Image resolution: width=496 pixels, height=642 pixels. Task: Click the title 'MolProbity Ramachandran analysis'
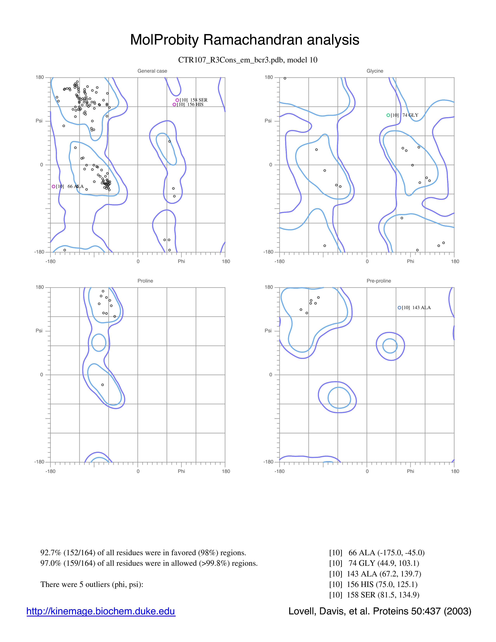[x=244, y=40]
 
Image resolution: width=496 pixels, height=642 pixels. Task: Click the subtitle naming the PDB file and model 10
[x=248, y=60]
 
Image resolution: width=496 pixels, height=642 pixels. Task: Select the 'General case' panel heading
[x=152, y=71]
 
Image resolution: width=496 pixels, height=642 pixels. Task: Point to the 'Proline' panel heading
[x=145, y=281]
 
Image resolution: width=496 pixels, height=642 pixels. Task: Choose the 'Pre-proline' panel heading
[x=379, y=281]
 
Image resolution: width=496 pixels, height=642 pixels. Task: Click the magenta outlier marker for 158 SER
[x=177, y=100]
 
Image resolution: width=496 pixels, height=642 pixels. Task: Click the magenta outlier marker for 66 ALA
[x=53, y=186]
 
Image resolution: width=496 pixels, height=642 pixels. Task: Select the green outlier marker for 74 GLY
[x=388, y=115]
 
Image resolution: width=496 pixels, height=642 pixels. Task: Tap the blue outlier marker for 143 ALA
[x=399, y=308]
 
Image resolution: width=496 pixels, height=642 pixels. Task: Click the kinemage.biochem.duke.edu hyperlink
[x=101, y=611]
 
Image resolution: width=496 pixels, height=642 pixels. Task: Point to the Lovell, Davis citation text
[x=380, y=611]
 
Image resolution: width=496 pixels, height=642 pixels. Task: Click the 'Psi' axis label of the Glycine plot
[x=268, y=121]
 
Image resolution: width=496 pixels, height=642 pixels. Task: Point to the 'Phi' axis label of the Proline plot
[x=181, y=471]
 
